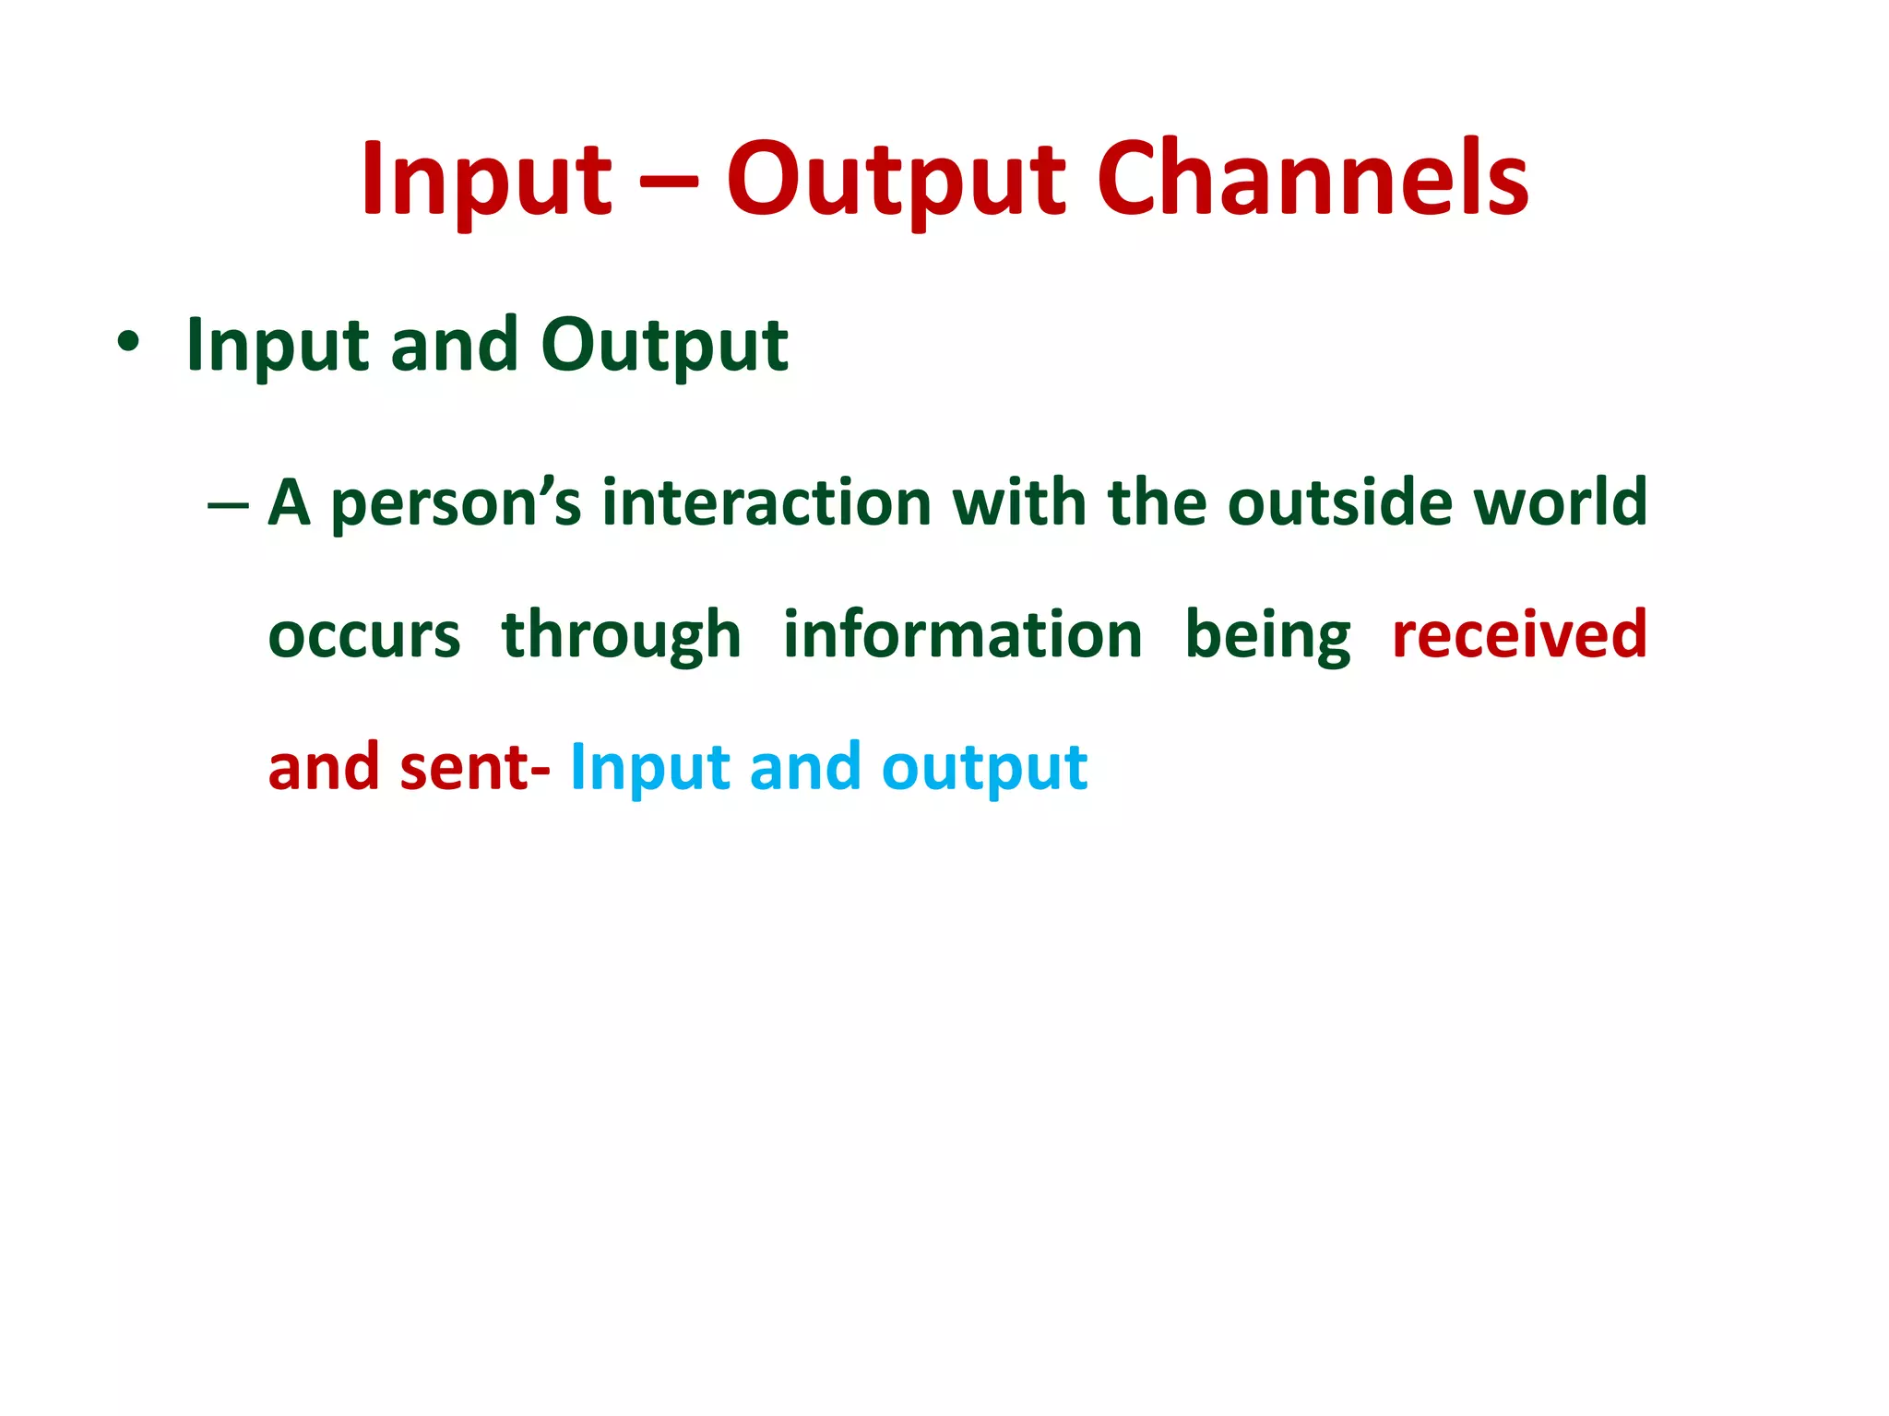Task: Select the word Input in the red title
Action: [x=487, y=180]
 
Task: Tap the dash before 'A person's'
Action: [x=229, y=505]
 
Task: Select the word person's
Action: [x=456, y=504]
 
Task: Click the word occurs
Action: [x=363, y=636]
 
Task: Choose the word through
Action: [x=621, y=636]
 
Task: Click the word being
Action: [x=1267, y=636]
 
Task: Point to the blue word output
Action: [x=984, y=769]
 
